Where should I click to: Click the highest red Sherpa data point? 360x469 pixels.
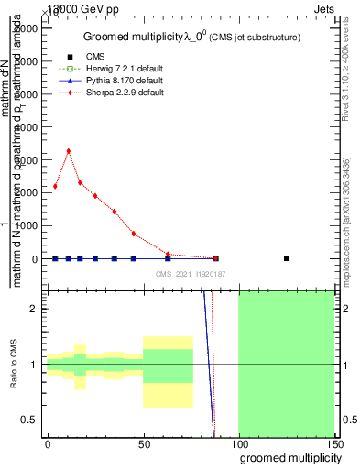[69, 150]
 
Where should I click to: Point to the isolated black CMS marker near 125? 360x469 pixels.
[287, 258]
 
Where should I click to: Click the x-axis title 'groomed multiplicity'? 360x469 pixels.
[288, 457]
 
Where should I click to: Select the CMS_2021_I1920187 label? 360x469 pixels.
[190, 273]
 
